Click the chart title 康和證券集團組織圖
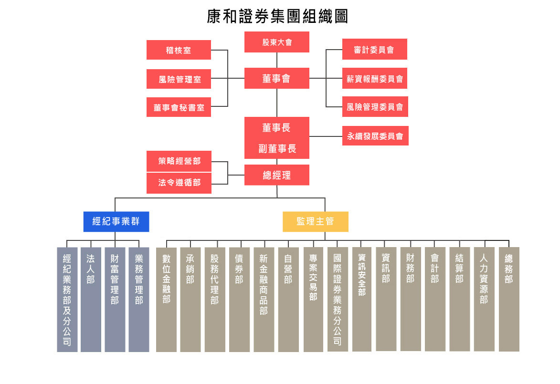coord(277,16)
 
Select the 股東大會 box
coord(277,42)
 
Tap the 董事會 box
coord(277,78)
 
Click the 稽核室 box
coord(179,50)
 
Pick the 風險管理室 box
coord(179,79)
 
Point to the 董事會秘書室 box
coord(179,107)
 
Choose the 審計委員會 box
coord(375,49)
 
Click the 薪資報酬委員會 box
coord(375,78)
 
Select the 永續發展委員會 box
coord(375,135)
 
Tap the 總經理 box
coord(277,175)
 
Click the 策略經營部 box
coord(179,161)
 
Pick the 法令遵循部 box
coord(179,183)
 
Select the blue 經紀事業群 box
coord(116,222)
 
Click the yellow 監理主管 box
coord(316,222)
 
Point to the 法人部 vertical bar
coord(91,300)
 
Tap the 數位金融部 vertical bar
coord(166,300)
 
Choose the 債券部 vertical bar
coord(239,300)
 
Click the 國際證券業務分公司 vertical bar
coord(338,300)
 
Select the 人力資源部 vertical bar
coord(484,300)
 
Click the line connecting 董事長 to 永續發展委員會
coord(326,136)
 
